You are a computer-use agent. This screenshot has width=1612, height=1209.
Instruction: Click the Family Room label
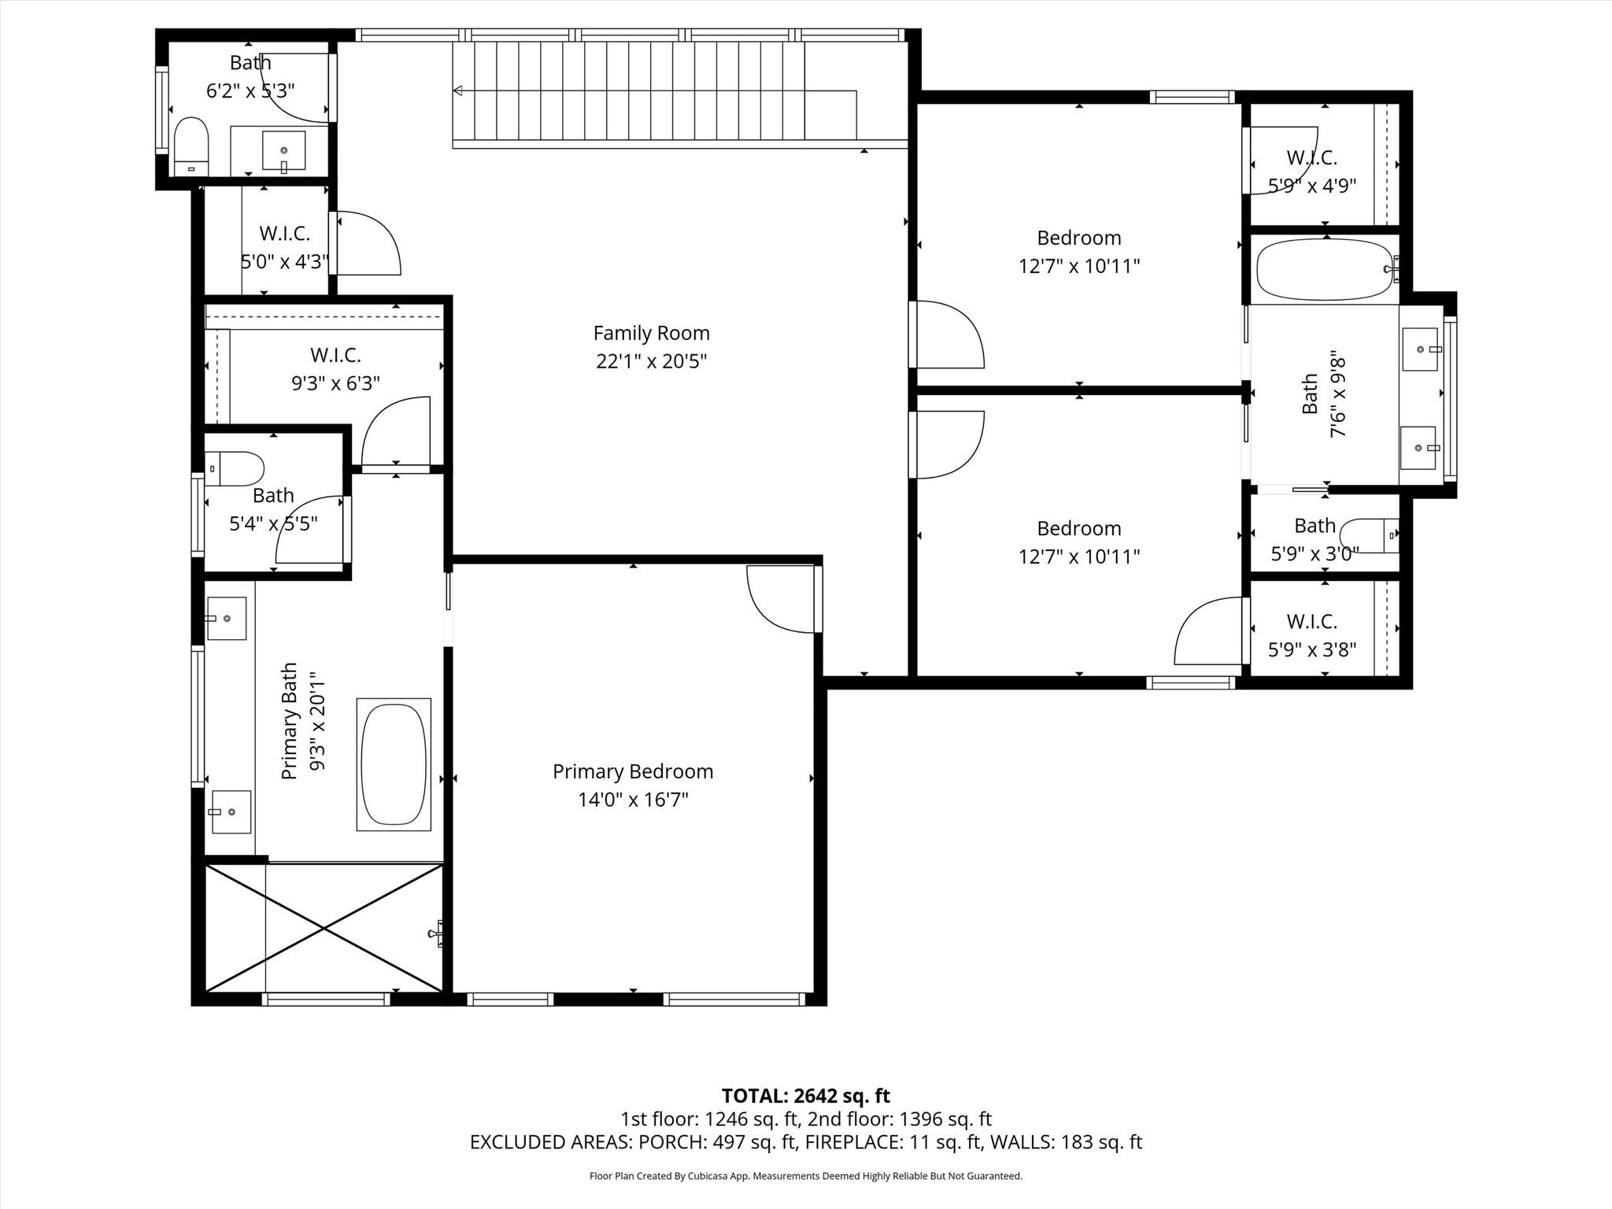pyautogui.click(x=651, y=333)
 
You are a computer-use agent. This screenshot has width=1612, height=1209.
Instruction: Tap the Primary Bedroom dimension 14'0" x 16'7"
pyautogui.click(x=633, y=800)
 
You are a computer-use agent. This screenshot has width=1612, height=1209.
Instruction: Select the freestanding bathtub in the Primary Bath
pyautogui.click(x=394, y=764)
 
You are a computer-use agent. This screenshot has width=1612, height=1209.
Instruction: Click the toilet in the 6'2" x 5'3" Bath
pyautogui.click(x=190, y=146)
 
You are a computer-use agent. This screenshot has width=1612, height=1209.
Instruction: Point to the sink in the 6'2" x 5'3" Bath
pyautogui.click(x=283, y=151)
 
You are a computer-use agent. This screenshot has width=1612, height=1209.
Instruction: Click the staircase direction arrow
pyautogui.click(x=458, y=91)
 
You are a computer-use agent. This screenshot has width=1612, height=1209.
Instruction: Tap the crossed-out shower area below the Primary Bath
pyautogui.click(x=324, y=928)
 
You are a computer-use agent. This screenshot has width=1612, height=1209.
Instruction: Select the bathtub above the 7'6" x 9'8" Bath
pyautogui.click(x=1324, y=269)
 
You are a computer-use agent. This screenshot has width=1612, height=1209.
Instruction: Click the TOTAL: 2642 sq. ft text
pyautogui.click(x=805, y=1096)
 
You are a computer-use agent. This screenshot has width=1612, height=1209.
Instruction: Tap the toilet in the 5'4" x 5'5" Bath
pyautogui.click(x=235, y=469)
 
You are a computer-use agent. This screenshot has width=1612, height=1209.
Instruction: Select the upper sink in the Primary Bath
pyautogui.click(x=227, y=618)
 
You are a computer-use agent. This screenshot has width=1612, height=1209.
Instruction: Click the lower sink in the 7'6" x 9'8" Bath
pyautogui.click(x=1418, y=447)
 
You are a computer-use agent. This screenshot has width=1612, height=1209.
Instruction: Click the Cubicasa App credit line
pyautogui.click(x=805, y=1176)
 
